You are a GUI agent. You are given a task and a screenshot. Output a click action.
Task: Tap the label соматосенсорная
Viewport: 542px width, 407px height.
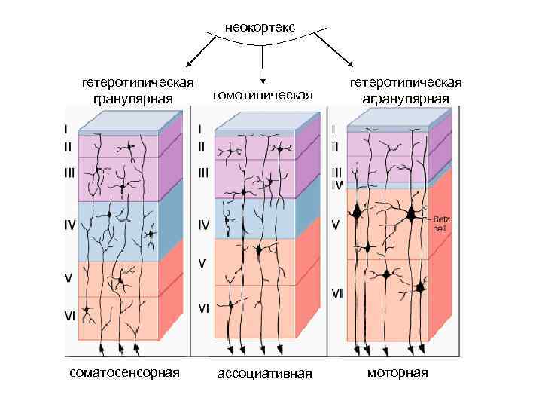(124, 372)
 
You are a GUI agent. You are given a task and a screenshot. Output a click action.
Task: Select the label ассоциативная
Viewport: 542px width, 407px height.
(264, 373)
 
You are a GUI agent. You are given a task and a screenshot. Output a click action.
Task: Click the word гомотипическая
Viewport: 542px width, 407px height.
(263, 96)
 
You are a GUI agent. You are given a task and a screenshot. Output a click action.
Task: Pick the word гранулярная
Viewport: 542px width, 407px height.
(133, 99)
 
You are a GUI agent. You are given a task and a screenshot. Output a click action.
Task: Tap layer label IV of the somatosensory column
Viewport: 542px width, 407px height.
(69, 224)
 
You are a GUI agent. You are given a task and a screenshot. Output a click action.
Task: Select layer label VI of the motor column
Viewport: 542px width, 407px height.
(337, 293)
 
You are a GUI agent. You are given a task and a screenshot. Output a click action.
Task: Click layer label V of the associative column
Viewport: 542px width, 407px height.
(202, 263)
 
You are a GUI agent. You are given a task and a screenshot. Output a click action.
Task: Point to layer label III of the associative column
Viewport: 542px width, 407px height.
(203, 173)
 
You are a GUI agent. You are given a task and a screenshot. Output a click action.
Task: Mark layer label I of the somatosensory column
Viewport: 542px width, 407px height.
(67, 128)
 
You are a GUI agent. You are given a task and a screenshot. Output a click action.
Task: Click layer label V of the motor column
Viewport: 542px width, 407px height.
(336, 223)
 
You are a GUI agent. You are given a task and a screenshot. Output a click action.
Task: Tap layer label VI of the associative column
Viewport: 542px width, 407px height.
(203, 308)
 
